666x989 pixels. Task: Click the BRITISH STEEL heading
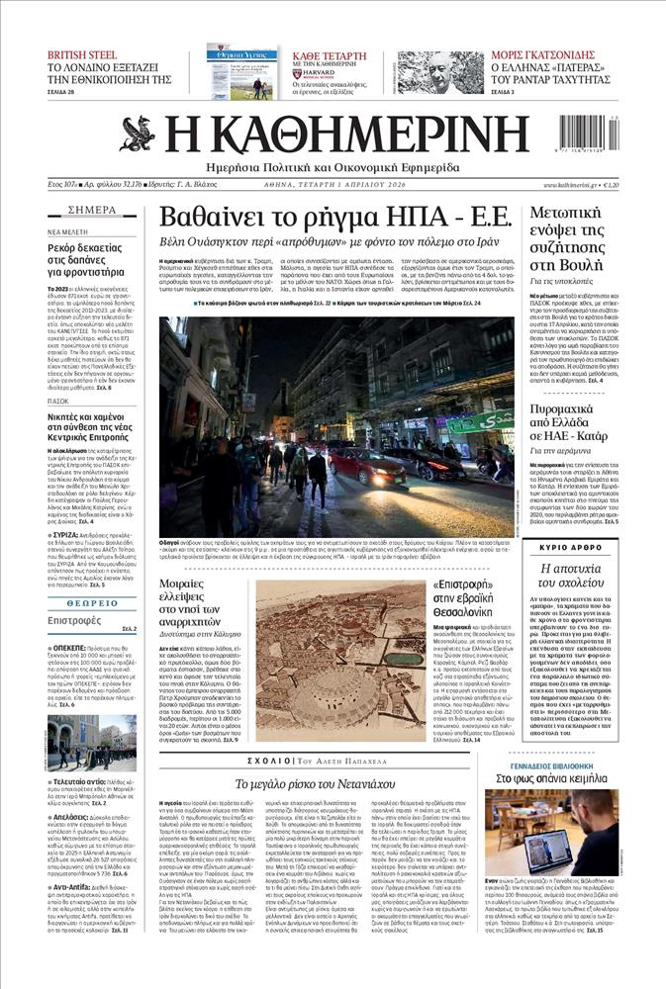[x=82, y=56]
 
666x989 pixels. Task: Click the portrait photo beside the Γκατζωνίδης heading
[x=439, y=71]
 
